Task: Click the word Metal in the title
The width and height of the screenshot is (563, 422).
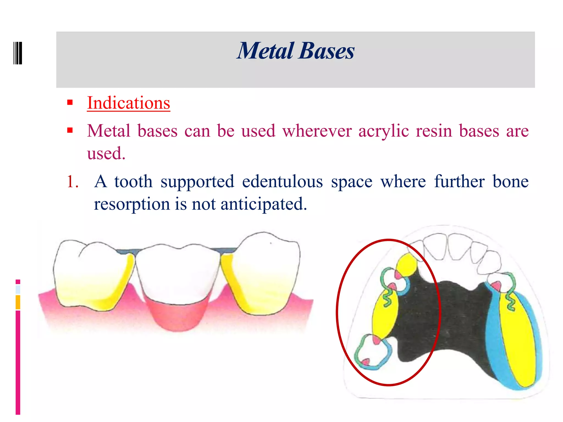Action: (x=266, y=51)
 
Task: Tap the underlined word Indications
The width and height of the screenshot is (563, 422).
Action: (x=128, y=103)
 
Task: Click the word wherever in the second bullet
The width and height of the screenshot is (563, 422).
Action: (x=317, y=131)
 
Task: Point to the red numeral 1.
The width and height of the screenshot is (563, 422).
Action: (x=73, y=182)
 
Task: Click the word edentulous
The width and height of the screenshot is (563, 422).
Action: (x=282, y=182)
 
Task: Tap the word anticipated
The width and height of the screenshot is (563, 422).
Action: (x=264, y=204)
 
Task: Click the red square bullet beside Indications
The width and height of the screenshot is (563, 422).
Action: (x=70, y=103)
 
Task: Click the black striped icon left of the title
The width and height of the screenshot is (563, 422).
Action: (x=18, y=53)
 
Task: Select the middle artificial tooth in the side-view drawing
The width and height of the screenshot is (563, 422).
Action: (x=178, y=275)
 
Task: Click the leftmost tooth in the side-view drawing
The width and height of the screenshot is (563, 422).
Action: (x=91, y=275)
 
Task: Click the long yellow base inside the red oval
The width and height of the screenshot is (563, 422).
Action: (x=384, y=316)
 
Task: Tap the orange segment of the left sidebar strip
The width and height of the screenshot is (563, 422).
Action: (x=18, y=302)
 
